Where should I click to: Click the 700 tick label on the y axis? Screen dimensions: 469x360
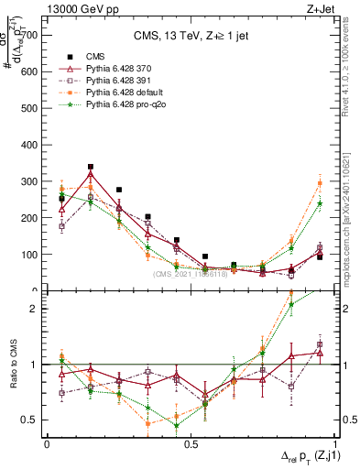30,35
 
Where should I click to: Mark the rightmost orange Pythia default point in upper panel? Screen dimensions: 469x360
320,183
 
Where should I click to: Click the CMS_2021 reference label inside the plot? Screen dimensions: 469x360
190,274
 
